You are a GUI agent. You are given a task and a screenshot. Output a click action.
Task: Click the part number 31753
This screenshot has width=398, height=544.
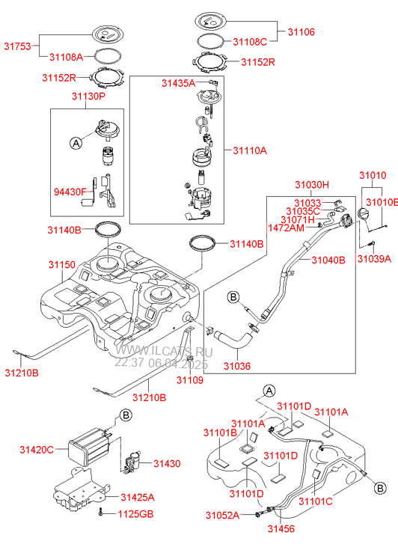click(x=17, y=46)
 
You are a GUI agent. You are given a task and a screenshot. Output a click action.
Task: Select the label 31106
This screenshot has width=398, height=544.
click(x=301, y=32)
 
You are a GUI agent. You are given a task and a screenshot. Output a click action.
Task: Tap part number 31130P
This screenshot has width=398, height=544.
click(x=88, y=96)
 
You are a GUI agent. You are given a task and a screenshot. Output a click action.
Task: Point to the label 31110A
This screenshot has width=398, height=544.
click(x=250, y=150)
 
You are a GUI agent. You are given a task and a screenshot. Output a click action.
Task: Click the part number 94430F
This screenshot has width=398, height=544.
click(x=70, y=192)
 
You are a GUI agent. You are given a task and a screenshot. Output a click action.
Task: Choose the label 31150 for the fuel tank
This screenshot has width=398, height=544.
click(x=62, y=265)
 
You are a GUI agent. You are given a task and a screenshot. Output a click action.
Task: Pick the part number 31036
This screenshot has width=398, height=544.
click(x=237, y=366)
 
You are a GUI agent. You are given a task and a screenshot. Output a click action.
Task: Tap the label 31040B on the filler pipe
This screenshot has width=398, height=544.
click(x=328, y=260)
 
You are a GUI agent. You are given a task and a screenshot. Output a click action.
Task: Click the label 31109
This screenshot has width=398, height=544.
click(x=190, y=380)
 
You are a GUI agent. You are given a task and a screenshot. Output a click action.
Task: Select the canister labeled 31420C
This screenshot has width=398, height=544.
click(x=88, y=448)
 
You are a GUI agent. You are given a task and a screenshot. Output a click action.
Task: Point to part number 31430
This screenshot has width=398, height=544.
click(x=168, y=463)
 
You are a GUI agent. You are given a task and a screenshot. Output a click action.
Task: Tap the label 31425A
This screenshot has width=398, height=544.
click(x=138, y=497)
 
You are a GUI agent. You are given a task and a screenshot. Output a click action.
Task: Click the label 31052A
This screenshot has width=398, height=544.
click(x=222, y=516)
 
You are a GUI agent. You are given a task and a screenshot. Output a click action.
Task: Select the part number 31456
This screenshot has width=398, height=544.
click(x=281, y=529)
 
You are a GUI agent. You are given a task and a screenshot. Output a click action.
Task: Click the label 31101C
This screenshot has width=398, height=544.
click(x=316, y=501)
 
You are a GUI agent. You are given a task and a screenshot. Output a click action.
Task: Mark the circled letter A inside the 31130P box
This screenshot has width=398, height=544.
click(x=76, y=143)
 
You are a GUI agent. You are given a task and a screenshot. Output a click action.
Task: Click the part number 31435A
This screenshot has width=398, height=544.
click(x=178, y=83)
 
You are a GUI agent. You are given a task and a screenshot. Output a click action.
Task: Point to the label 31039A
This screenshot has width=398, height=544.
click(x=374, y=258)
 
